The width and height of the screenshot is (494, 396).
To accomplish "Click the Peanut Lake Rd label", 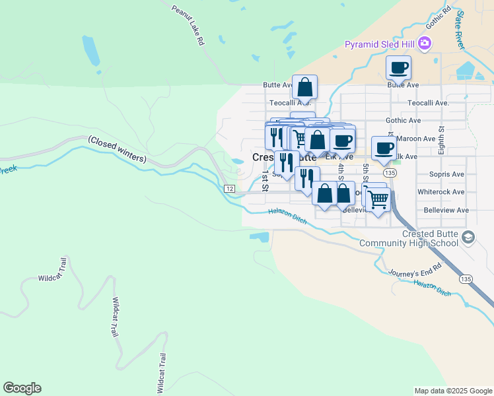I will pyautogui.click(x=188, y=26).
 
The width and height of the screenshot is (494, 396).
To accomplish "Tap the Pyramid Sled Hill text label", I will pyautogui.click(x=380, y=44).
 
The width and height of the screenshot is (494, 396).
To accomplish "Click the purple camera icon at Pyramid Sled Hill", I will pyautogui.click(x=424, y=44).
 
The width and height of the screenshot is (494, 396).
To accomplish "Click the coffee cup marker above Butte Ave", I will pyautogui.click(x=398, y=68).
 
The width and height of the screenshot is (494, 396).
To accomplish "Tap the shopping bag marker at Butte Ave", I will pyautogui.click(x=304, y=87).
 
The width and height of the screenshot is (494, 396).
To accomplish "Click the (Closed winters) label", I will pyautogui.click(x=117, y=149).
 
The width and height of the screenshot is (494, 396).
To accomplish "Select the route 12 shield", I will pyautogui.click(x=229, y=189).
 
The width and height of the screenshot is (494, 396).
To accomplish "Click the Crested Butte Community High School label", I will pyautogui.click(x=408, y=239).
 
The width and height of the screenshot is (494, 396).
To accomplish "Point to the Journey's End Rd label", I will pyautogui.click(x=414, y=271).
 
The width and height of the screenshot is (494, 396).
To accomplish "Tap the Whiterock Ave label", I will pyautogui.click(x=441, y=192).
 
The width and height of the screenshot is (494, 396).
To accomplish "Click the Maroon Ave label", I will pyautogui.click(x=421, y=139).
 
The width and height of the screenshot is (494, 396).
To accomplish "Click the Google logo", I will pyautogui.click(x=22, y=388).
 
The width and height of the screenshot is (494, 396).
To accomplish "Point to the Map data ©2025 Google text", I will pyautogui.click(x=452, y=391).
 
